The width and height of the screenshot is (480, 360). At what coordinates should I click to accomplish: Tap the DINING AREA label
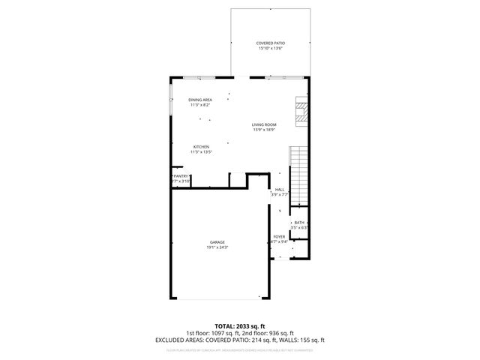click(200, 100)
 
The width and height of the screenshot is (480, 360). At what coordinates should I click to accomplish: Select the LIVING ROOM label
click(264, 124)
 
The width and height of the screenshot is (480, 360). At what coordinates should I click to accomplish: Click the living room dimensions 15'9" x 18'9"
click(264, 130)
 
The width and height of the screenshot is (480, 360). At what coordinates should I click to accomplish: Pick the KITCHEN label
click(201, 146)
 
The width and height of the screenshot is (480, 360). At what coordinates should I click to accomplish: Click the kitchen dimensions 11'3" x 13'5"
click(201, 151)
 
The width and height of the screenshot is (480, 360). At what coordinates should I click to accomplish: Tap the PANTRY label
click(181, 176)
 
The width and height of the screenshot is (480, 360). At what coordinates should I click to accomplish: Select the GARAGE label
click(217, 242)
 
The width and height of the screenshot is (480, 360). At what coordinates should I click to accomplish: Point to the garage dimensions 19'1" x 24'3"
click(217, 247)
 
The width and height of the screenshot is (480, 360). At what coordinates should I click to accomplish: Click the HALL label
click(279, 190)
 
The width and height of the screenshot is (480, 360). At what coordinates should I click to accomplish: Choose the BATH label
click(299, 223)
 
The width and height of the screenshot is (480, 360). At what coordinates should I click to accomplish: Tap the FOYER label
click(279, 237)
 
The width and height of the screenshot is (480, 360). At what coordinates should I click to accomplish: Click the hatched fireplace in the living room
click(301, 110)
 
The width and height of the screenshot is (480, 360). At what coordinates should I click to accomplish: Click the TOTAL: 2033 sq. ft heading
click(239, 327)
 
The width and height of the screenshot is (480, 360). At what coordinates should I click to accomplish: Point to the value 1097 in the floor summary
click(211, 334)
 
